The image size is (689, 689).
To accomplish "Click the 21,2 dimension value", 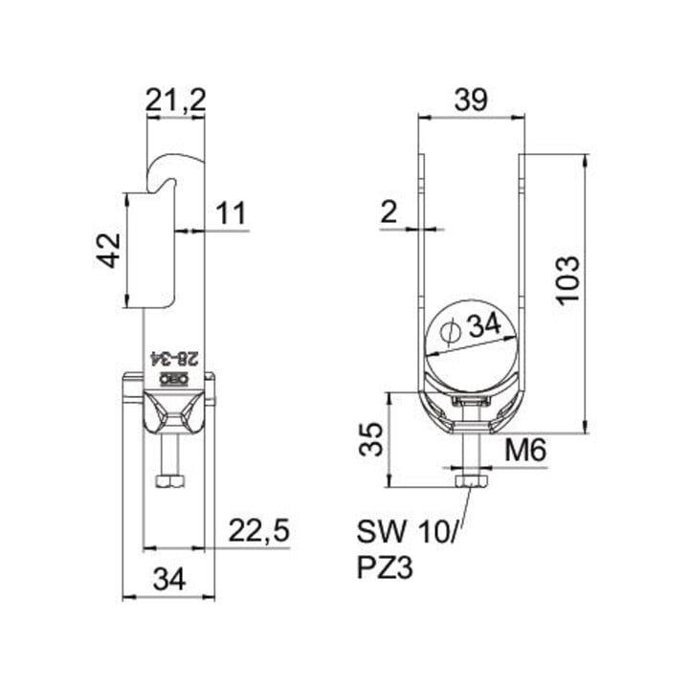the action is click(x=175, y=100).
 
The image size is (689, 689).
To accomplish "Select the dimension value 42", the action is click(x=108, y=250).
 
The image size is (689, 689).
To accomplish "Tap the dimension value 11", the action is click(x=232, y=213).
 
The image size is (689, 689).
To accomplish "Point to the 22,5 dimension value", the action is click(x=259, y=531).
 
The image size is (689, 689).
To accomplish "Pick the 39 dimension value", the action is click(x=471, y=100).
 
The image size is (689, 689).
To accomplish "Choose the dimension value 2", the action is click(x=389, y=212).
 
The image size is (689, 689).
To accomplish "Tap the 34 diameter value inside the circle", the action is click(x=484, y=325).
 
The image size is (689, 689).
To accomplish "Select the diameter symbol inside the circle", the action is click(x=449, y=331).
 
